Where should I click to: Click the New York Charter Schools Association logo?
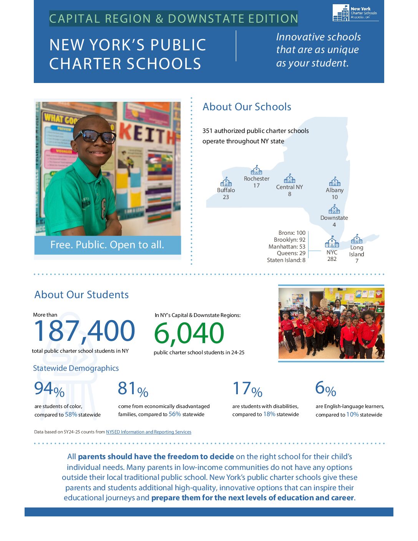pyautogui.click(x=355, y=13)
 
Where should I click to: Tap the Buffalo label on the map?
pyautogui.click(x=226, y=190)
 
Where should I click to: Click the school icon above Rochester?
pyautogui.click(x=256, y=170)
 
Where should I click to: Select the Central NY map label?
pyautogui.click(x=289, y=187)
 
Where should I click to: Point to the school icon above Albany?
pyautogui.click(x=335, y=181)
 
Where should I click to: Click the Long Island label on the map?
pyautogui.click(x=357, y=251)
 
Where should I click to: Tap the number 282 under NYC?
pyautogui.click(x=332, y=259)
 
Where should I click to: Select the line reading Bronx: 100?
pyautogui.click(x=292, y=233)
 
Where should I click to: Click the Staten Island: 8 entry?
pyautogui.click(x=286, y=260)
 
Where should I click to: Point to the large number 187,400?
pyautogui.click(x=85, y=331)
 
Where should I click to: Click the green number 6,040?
pyautogui.click(x=189, y=333)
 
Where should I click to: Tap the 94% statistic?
pyautogui.click(x=49, y=389)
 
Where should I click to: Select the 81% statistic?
pyautogui.click(x=133, y=389)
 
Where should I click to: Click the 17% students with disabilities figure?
pyautogui.click(x=247, y=389)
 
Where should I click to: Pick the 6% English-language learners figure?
pyautogui.click(x=325, y=389)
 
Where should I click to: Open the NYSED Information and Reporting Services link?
pyautogui.click(x=148, y=432)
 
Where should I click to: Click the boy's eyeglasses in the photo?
pyautogui.click(x=95, y=136)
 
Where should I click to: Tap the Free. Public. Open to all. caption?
pyautogui.click(x=107, y=245)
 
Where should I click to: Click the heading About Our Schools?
pyautogui.click(x=247, y=107)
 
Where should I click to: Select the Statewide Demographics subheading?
pyautogui.click(x=76, y=368)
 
